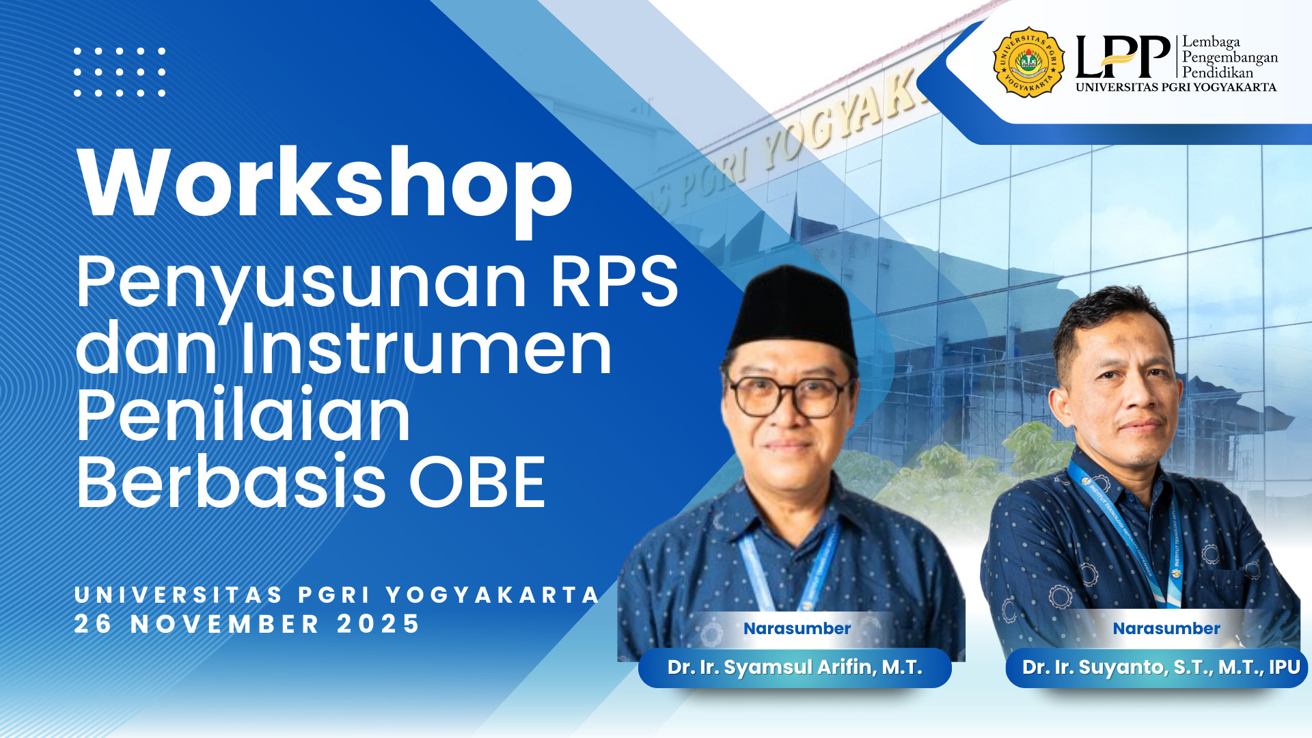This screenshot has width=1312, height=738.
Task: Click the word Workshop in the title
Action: click(x=325, y=183)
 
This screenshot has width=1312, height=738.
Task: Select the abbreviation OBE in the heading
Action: click(x=477, y=482)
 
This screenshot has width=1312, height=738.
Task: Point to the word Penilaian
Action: click(x=243, y=415)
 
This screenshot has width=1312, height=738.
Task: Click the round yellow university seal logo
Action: click(x=1028, y=62)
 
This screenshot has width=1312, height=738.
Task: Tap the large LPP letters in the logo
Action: click(x=1122, y=57)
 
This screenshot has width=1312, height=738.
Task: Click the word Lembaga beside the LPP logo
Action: click(x=1211, y=42)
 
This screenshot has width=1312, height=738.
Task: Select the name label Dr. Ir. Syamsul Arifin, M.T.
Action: click(x=794, y=668)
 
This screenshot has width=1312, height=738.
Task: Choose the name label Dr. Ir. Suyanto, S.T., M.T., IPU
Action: click(x=1160, y=668)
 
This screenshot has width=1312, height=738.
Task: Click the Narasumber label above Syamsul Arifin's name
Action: click(x=797, y=629)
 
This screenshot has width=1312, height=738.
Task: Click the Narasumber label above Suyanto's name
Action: click(x=1166, y=629)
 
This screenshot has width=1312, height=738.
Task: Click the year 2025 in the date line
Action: click(x=378, y=624)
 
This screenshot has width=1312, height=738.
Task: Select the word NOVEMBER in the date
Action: click(x=225, y=624)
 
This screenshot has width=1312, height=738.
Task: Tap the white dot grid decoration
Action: click(x=120, y=72)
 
